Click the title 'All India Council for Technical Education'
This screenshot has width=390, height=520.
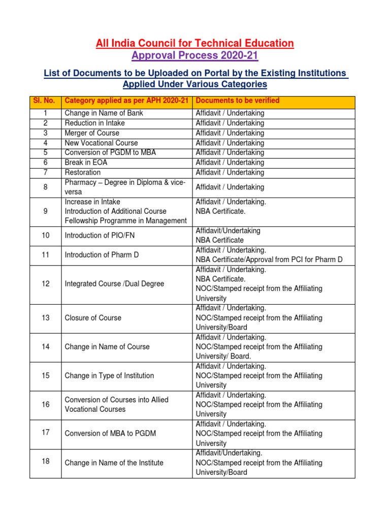195,44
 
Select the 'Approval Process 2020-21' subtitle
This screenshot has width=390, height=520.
195,55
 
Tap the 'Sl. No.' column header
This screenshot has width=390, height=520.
45,101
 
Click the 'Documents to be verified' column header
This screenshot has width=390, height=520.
237,101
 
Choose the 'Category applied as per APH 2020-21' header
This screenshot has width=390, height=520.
126,101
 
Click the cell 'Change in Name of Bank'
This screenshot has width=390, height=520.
104,113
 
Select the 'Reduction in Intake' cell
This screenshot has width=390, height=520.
94,123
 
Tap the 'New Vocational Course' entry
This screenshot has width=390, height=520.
101,143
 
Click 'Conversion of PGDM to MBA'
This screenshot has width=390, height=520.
108,153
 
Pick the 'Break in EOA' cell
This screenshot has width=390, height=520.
86,163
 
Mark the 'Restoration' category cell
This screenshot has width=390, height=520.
83,173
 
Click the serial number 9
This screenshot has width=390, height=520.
45,211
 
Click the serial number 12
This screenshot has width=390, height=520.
45,284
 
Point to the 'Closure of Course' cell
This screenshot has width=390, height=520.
93,318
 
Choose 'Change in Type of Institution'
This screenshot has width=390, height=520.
109,376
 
